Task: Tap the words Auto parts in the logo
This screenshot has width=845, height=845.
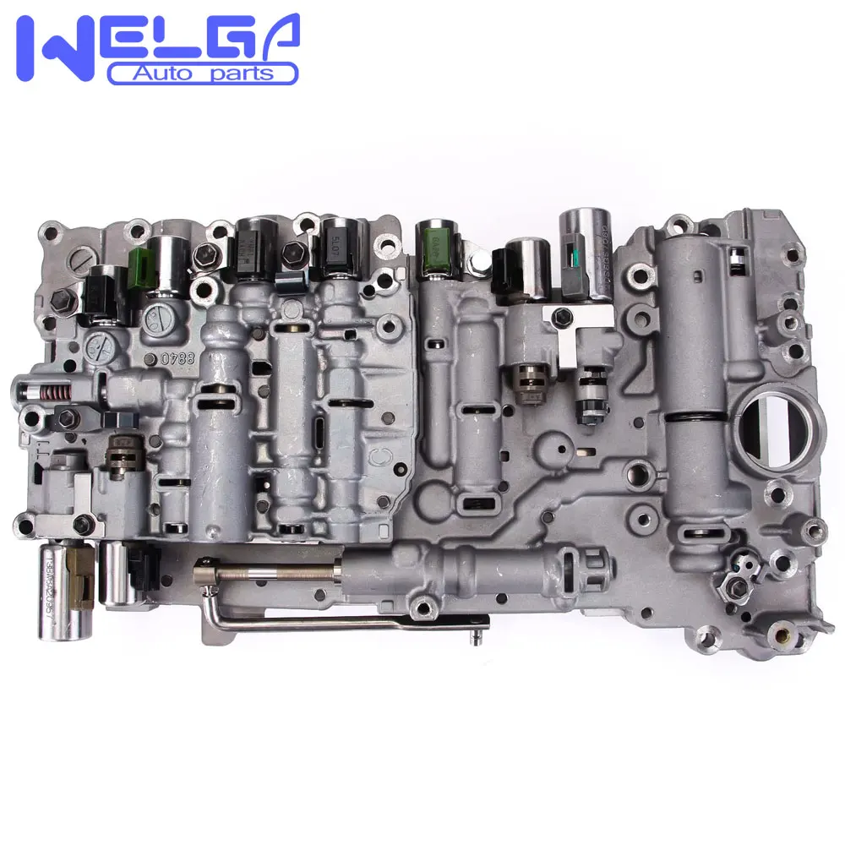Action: tap(203, 74)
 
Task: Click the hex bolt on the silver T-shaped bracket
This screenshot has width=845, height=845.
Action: tap(561, 317)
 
